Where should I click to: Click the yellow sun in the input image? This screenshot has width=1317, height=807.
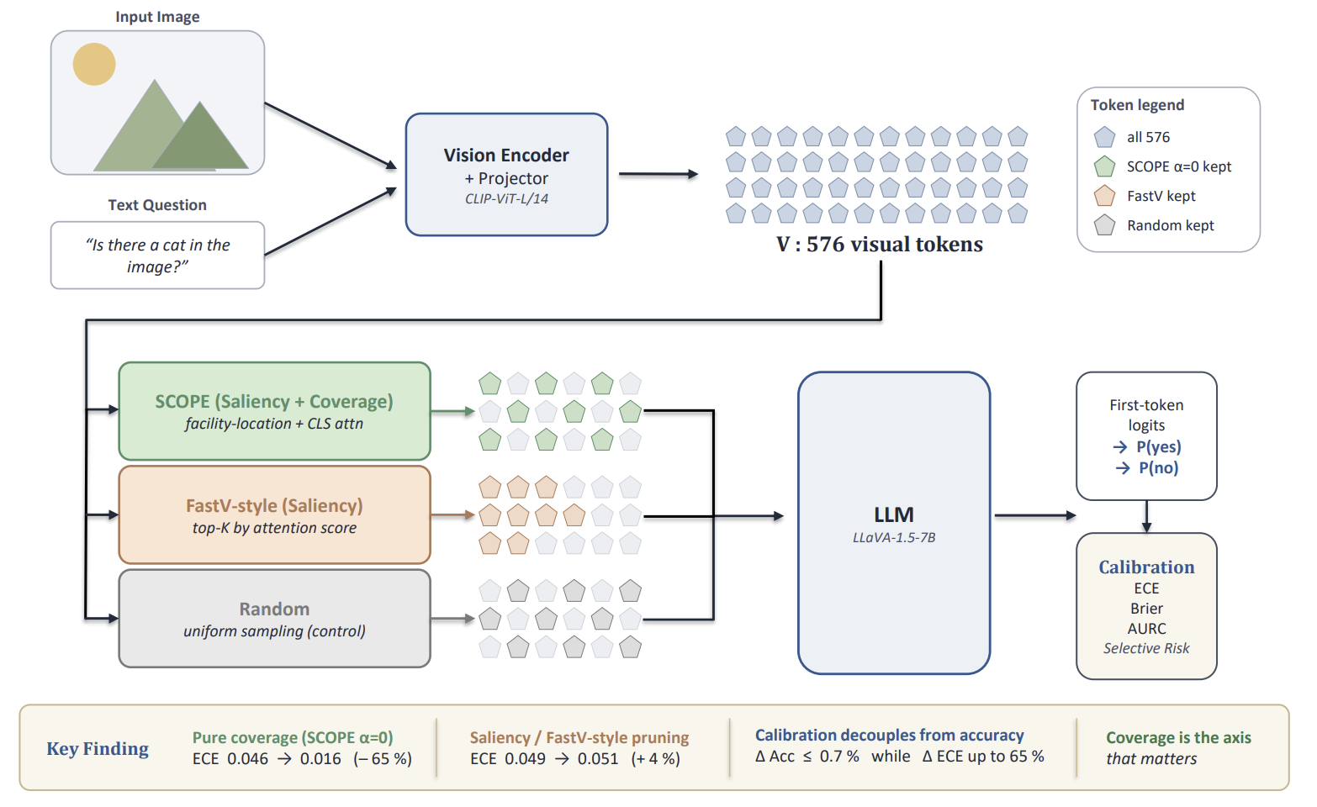[94, 65]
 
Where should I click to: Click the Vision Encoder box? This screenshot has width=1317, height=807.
[506, 174]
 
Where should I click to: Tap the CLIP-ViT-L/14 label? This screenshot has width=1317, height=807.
[506, 199]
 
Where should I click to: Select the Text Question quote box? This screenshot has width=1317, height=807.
[157, 256]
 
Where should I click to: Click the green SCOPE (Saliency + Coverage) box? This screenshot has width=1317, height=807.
[274, 411]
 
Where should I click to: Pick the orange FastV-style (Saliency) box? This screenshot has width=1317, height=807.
[274, 515]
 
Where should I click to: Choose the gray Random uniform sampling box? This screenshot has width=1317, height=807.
[274, 619]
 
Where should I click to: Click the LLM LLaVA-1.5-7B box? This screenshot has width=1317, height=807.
[893, 523]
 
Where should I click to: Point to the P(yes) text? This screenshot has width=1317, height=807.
[1158, 447]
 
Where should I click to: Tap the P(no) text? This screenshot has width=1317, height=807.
[1158, 468]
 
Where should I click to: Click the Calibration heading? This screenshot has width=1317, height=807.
[1146, 567]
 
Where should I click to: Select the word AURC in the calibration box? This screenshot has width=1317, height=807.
[1146, 629]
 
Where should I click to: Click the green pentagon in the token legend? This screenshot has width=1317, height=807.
[1104, 166]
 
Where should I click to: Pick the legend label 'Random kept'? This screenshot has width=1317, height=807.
[1170, 225]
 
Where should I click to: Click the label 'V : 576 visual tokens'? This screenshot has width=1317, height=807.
[879, 245]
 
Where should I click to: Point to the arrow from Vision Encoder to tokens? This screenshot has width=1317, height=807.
[658, 174]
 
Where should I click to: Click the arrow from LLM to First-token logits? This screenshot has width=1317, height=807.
[1034, 515]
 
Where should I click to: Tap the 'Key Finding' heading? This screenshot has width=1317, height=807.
[98, 749]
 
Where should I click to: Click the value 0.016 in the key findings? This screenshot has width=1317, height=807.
[320, 759]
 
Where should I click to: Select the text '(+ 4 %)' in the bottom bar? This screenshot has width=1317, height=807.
[655, 759]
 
